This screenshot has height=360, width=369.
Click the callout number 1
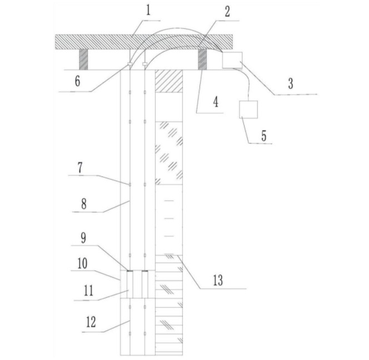click(x=148, y=11)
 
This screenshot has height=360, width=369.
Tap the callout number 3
click(x=291, y=83)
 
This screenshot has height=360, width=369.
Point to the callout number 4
click(x=216, y=102)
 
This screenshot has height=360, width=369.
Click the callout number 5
click(x=264, y=136)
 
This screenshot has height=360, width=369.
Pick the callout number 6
click(x=77, y=81)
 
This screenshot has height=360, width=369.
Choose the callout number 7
click(x=80, y=167)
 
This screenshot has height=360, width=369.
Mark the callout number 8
click(x=84, y=204)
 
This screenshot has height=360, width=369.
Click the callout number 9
click(x=83, y=238)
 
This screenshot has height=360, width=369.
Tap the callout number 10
click(x=82, y=264)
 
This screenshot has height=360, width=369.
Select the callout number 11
click(x=88, y=291)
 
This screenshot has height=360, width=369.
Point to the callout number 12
click(x=91, y=322)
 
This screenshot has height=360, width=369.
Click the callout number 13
click(x=218, y=280)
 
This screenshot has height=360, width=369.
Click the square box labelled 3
click(x=232, y=60)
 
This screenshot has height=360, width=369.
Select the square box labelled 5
click(x=248, y=110)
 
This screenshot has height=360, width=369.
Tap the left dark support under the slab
click(x=83, y=60)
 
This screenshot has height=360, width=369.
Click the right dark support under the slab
click(x=202, y=60)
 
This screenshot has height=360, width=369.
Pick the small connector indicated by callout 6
click(x=129, y=64)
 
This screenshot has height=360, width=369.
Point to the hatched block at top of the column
click(x=169, y=81)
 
